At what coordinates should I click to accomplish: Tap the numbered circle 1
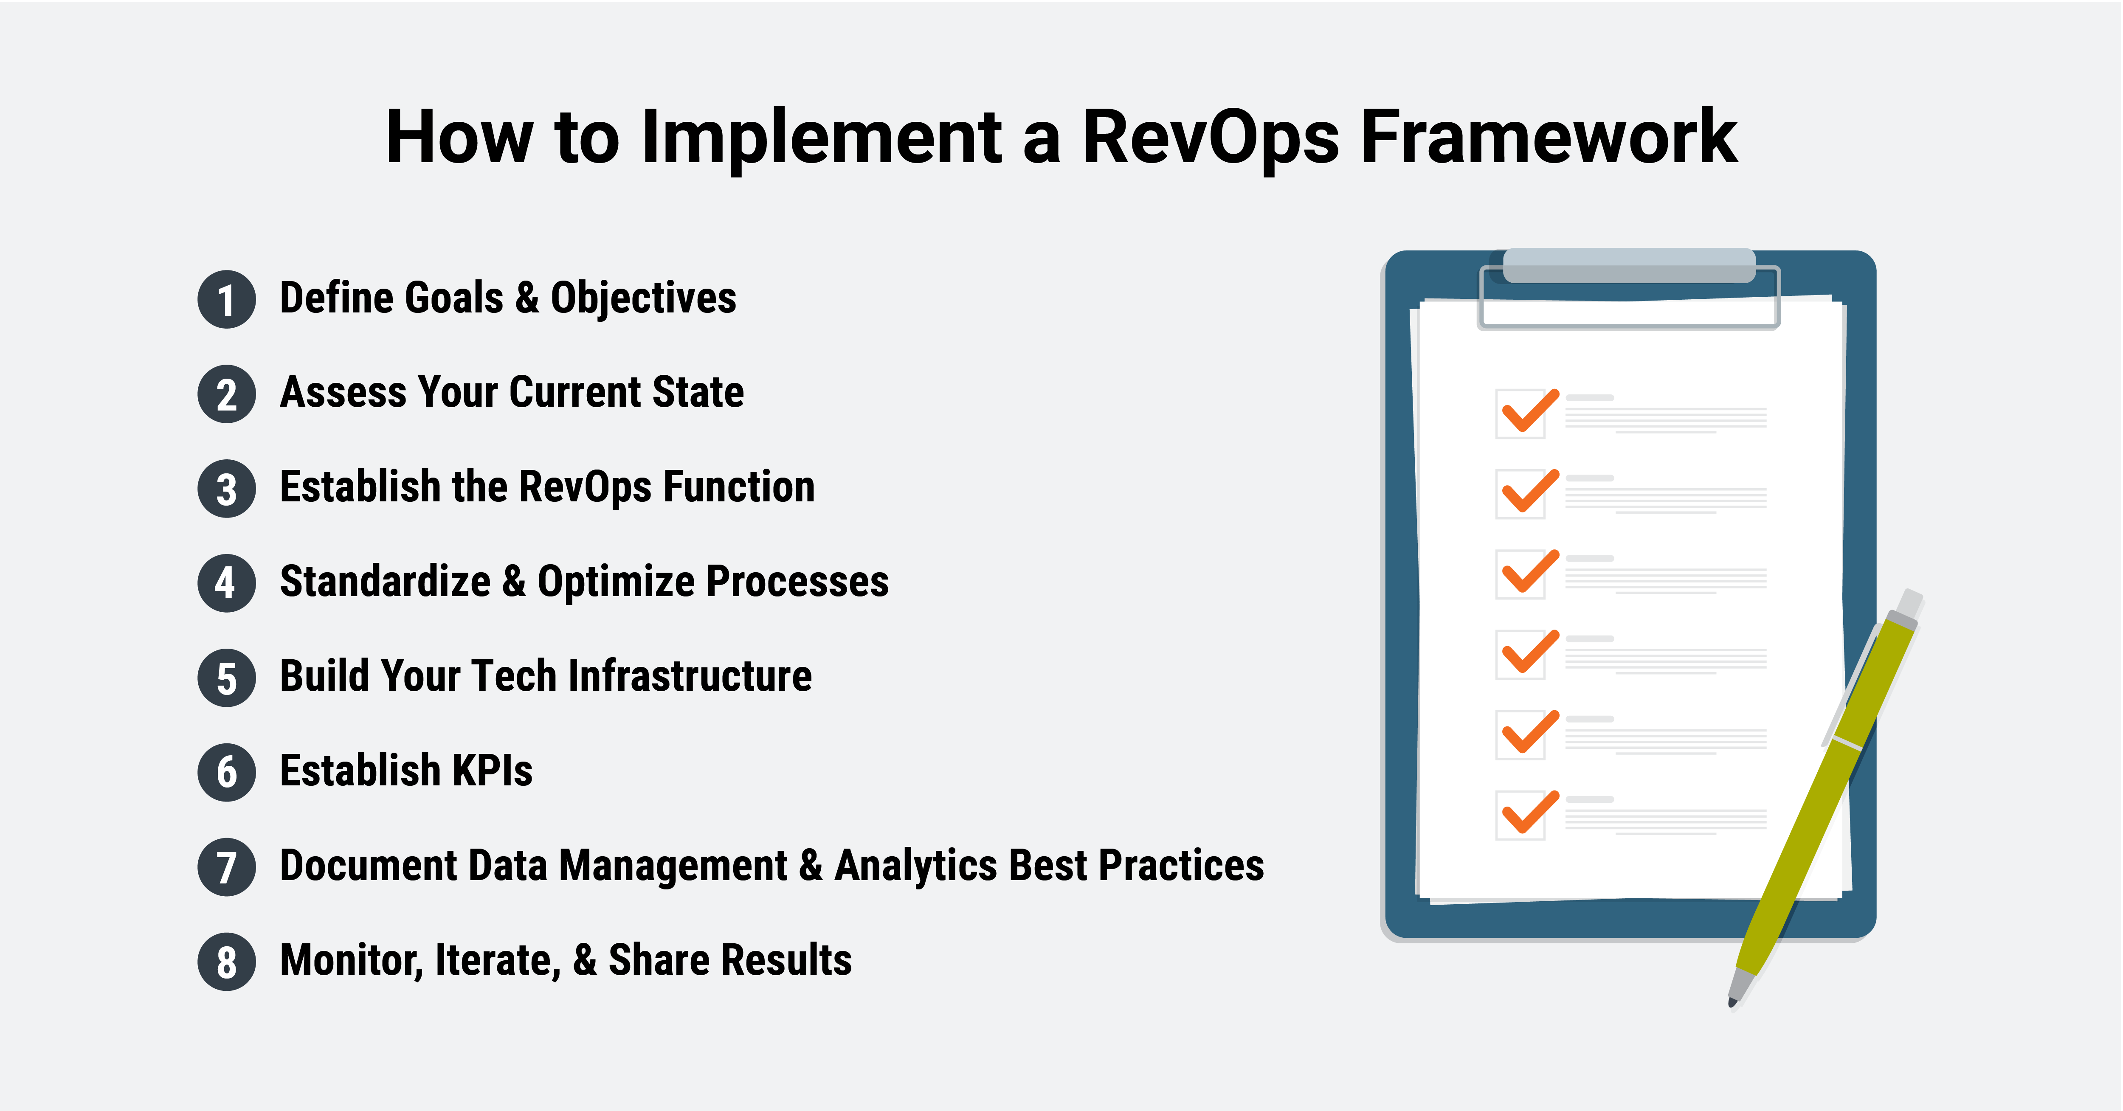227,299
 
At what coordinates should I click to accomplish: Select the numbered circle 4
227,583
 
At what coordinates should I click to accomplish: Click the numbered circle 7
227,867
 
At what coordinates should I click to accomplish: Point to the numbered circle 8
227,961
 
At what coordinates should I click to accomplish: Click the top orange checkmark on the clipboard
1529,411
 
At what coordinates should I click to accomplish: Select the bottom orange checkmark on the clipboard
1529,813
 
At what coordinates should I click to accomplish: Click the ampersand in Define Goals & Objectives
527,298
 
